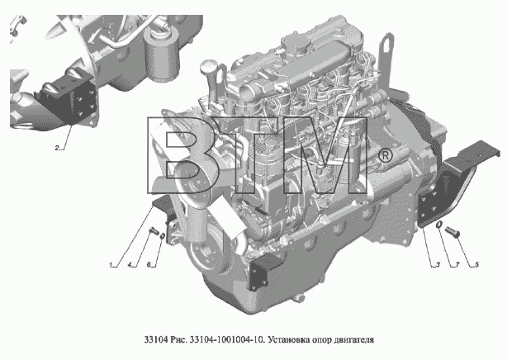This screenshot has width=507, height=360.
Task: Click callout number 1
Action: (x=111, y=265)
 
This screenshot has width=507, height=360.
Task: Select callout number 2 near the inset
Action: (x=57, y=148)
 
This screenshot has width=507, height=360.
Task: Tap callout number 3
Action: (x=438, y=264)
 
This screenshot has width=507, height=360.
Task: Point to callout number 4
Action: (x=130, y=265)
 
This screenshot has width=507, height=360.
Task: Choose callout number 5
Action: (x=476, y=264)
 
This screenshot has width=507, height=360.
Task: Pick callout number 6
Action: (x=149, y=265)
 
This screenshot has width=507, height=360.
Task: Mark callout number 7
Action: (x=457, y=264)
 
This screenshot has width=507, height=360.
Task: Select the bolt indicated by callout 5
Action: (x=453, y=232)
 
